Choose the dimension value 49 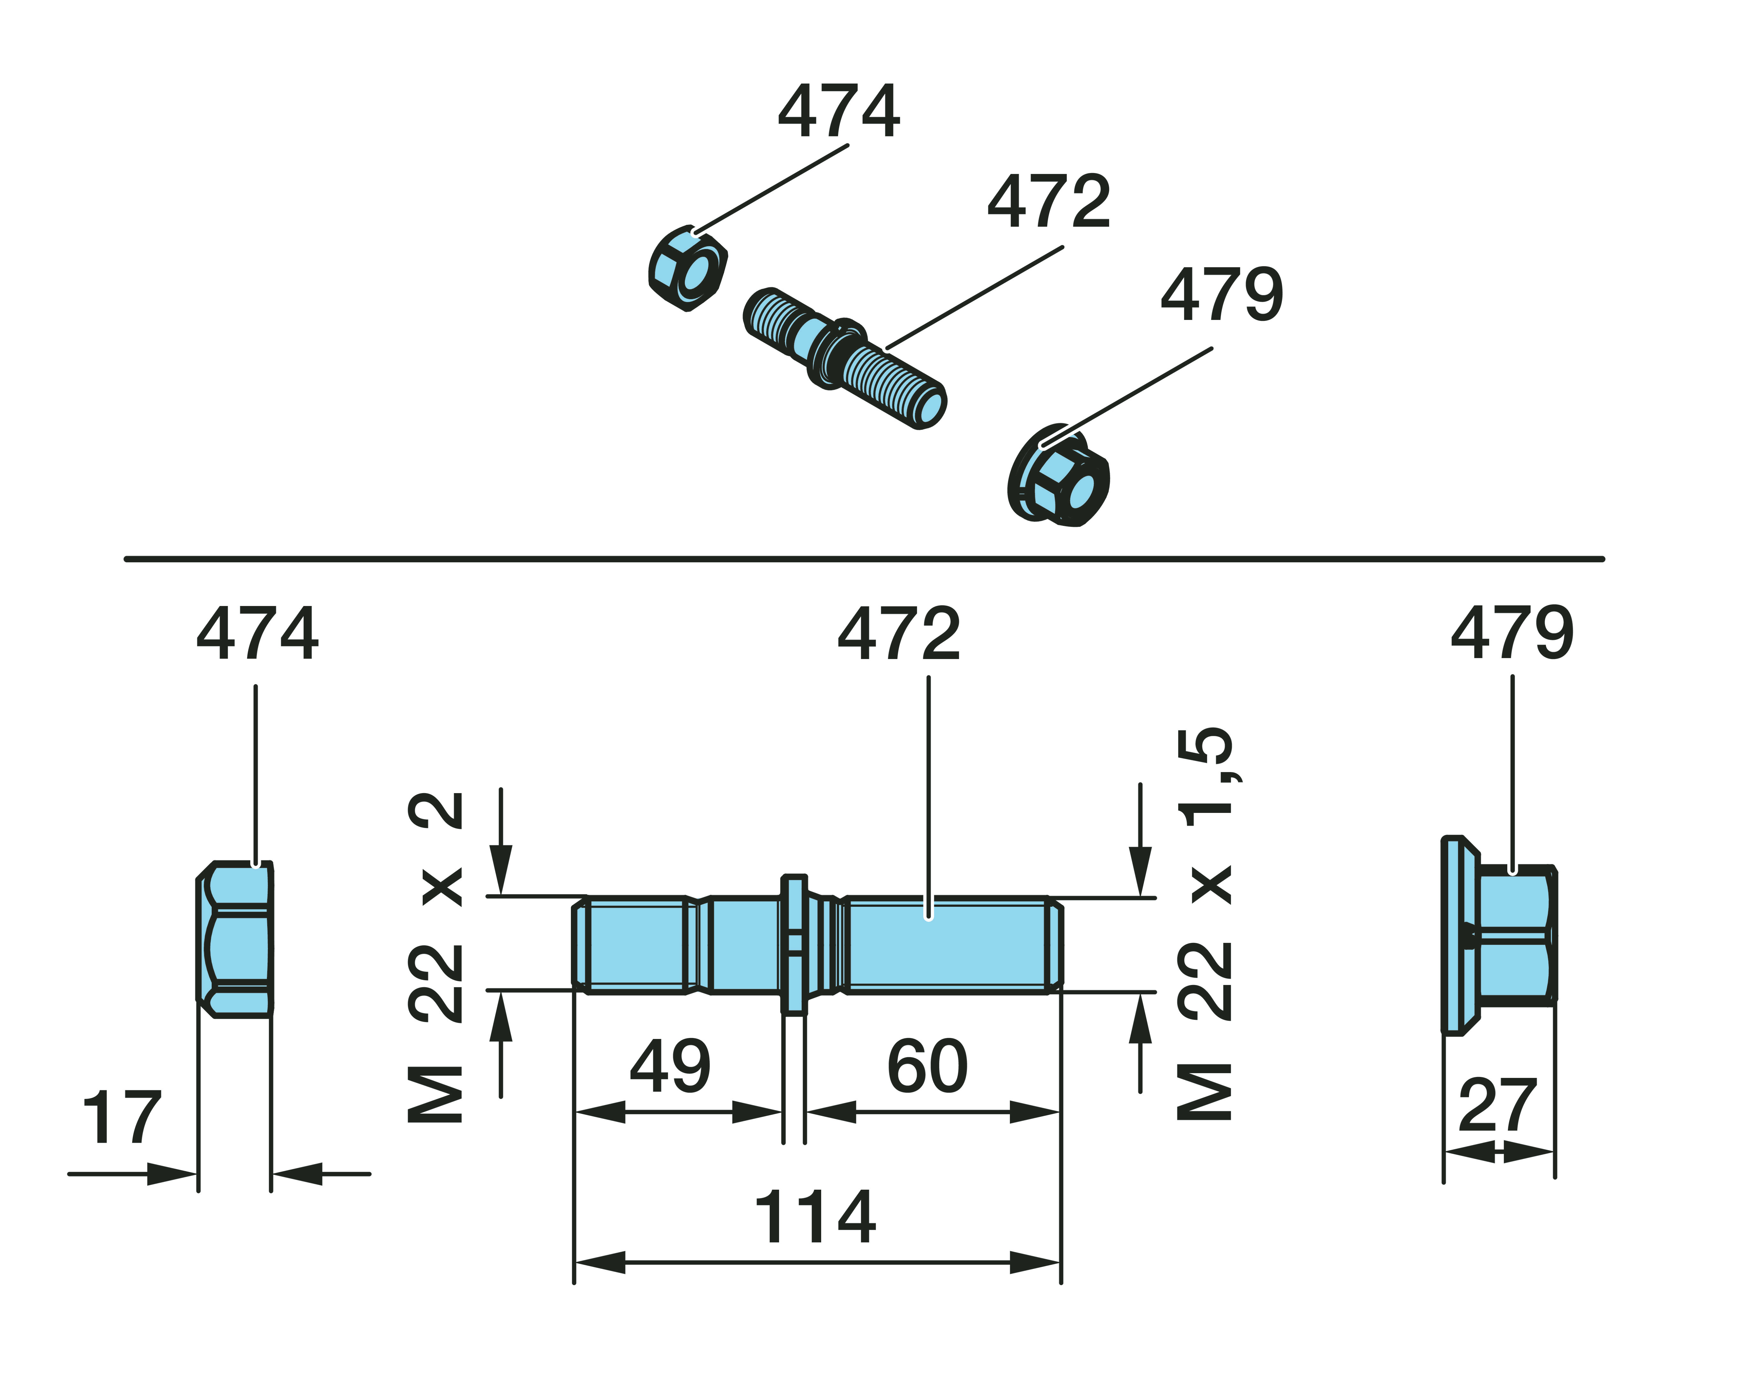[x=670, y=1066]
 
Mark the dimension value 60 [x=927, y=1066]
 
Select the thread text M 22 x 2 [x=436, y=957]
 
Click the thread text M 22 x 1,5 [x=1205, y=924]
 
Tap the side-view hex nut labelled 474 [x=235, y=939]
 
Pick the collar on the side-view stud [x=794, y=943]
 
